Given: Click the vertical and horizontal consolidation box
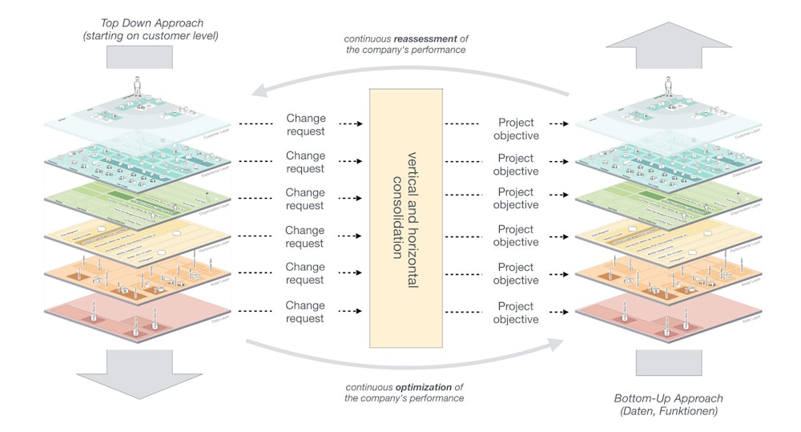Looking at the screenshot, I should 405,217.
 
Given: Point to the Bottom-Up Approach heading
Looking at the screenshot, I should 668,398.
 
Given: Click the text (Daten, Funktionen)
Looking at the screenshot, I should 668,411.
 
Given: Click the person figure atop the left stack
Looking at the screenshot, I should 137,86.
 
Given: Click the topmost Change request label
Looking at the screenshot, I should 305,125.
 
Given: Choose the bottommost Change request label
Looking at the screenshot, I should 305,312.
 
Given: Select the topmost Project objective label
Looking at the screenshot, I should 516,129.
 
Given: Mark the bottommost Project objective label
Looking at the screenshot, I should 516,313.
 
